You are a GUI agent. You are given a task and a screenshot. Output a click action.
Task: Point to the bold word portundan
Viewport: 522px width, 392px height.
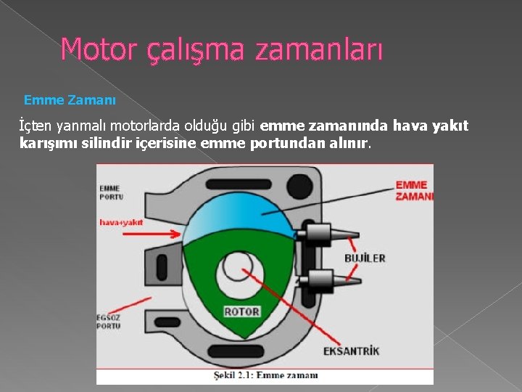(283, 143)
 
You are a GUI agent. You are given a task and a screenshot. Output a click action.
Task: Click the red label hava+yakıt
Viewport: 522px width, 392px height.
(121, 223)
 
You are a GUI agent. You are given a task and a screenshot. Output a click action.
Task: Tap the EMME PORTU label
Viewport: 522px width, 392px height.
(111, 192)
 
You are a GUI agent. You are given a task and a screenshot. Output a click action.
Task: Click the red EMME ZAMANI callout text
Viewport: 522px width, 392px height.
(414, 190)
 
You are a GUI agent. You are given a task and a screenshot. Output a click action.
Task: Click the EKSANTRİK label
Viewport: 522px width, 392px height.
(352, 351)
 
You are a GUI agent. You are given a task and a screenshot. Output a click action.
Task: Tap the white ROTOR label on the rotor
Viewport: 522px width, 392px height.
(241, 312)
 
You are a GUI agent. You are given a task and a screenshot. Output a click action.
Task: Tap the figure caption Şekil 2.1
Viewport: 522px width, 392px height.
(265, 375)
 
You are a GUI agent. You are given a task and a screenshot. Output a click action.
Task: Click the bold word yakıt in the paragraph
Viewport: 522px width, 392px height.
(451, 126)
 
